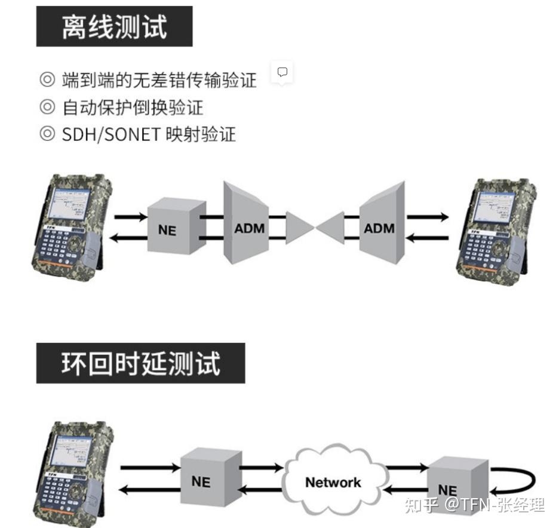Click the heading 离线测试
pyautogui.click(x=114, y=27)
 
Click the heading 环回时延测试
pyautogui.click(x=140, y=363)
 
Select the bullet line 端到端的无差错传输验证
pyautogui.click(x=159, y=79)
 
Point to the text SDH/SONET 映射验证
pyautogui.click(x=149, y=134)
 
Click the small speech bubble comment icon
pyautogui.click(x=282, y=72)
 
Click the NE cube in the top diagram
pyautogui.click(x=168, y=228)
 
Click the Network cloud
pyautogui.click(x=333, y=481)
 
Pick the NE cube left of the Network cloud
pyautogui.click(x=201, y=480)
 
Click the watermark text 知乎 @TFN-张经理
pyautogui.click(x=475, y=505)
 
